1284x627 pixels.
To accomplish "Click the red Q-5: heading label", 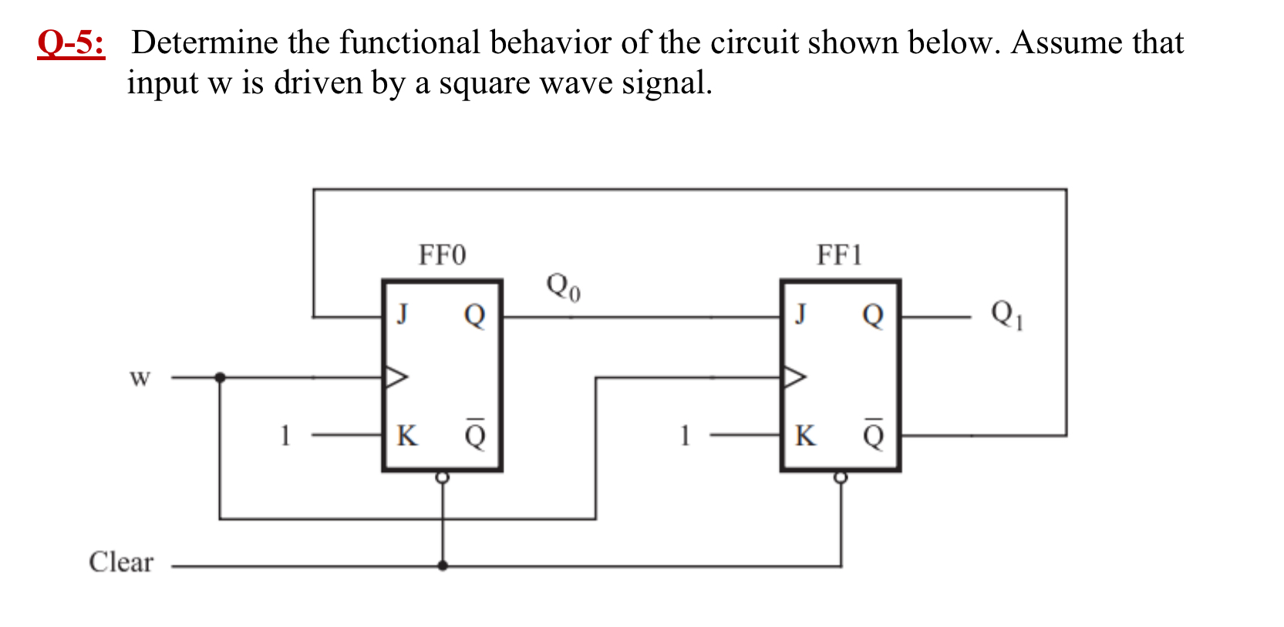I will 71,43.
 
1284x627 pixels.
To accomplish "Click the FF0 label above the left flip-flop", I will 442,255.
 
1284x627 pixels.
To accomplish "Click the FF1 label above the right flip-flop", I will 840,255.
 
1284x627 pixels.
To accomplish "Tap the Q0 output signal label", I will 563,287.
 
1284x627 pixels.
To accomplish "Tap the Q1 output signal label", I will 1006,315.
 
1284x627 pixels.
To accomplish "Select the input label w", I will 140,378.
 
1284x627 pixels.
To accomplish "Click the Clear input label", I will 121,562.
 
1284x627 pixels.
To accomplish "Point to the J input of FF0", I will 402,315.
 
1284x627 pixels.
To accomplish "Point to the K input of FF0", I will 406,436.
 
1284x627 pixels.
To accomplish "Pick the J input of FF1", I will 800,315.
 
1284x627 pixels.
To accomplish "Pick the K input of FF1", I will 804,436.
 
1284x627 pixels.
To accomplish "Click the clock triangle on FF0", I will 396,377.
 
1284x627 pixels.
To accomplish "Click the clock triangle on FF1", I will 794,377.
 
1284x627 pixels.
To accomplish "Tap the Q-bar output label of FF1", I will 873,434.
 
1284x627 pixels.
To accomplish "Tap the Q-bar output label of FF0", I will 475,434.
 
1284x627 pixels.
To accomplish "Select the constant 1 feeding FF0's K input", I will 285,436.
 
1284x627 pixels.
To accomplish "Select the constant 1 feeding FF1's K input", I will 684,436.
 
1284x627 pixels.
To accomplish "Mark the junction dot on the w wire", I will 220,377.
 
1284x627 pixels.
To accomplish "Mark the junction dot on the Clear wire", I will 443,565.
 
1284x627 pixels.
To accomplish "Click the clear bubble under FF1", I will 841,477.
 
